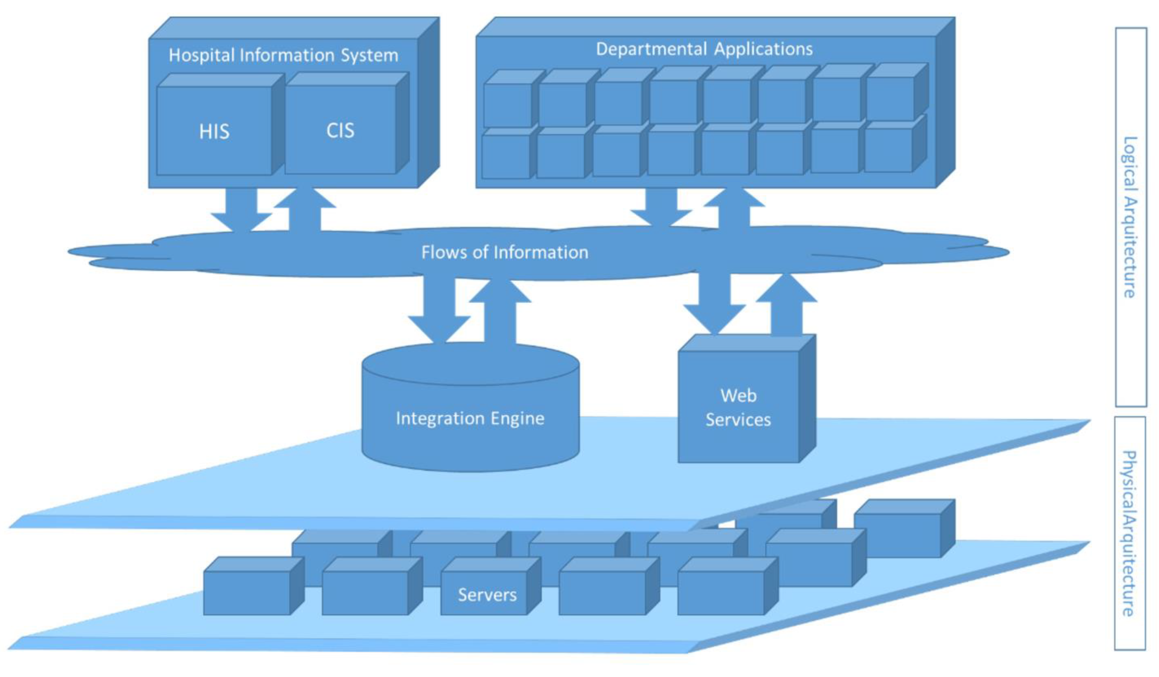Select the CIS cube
pyautogui.click(x=340, y=130)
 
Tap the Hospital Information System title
pyautogui.click(x=283, y=55)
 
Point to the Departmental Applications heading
pyautogui.click(x=704, y=49)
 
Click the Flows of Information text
pyautogui.click(x=505, y=252)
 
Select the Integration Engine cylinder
pyautogui.click(x=470, y=410)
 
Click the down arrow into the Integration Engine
pyautogui.click(x=439, y=313)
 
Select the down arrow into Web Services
pyautogui.click(x=714, y=304)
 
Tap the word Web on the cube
pyautogui.click(x=738, y=395)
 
